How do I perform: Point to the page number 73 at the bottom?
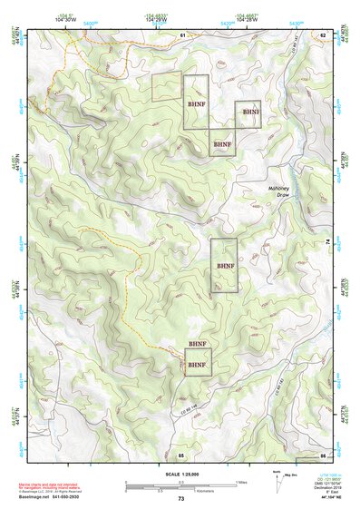180,500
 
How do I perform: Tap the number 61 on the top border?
181,34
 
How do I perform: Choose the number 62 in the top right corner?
322,34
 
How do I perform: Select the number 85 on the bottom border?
181,454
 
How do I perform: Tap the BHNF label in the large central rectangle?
225,265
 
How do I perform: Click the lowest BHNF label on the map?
198,366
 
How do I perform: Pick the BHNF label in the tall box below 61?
196,103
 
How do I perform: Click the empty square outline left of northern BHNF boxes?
167,87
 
